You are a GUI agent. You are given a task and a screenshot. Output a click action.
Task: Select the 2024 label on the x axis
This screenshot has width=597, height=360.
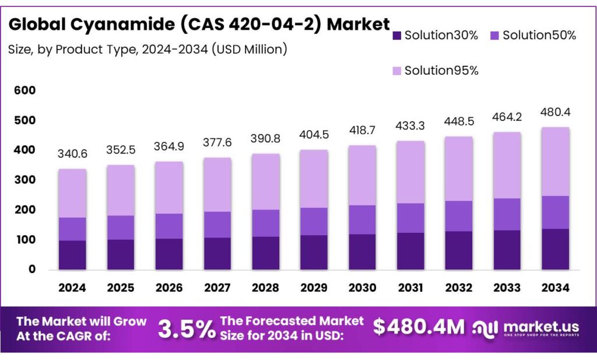72,288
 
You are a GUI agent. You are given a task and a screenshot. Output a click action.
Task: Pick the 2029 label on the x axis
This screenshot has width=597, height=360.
314,288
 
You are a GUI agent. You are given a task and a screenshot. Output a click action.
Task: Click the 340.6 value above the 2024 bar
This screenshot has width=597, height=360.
72,154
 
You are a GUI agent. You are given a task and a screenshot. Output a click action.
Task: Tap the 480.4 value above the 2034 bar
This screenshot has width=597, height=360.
555,112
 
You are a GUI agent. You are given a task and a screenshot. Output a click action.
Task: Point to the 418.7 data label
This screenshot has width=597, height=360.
363,130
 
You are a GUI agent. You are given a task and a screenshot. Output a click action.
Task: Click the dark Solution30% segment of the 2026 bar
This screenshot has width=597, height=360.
169,254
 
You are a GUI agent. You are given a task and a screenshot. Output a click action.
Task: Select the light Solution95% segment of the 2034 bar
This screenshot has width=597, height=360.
555,162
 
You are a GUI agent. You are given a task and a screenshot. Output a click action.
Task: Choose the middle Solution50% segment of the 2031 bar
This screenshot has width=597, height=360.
411,218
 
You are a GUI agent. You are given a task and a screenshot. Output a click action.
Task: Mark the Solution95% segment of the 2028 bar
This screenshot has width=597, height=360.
266,181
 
